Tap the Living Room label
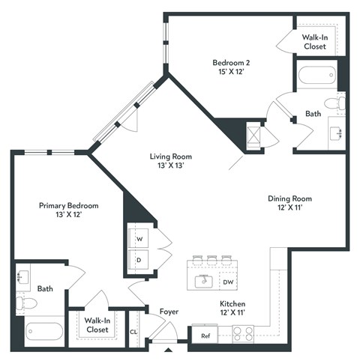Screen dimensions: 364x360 (171, 160)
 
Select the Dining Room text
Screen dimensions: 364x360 (289, 203)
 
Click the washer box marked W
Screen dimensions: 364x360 (139, 238)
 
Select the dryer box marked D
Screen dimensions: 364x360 (139, 258)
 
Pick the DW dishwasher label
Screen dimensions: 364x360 (228, 282)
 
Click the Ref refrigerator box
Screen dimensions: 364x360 (205, 336)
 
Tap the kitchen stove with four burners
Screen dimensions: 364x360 (244, 335)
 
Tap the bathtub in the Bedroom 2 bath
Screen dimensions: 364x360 (314, 76)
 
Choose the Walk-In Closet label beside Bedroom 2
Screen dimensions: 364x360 (314, 41)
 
